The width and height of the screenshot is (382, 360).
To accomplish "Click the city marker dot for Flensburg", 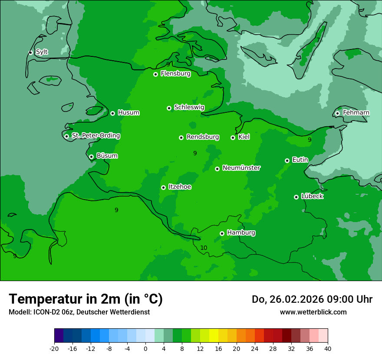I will point(155,74).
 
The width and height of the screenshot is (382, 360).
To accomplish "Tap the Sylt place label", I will point(42,52).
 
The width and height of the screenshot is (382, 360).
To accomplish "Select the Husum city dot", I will point(112,113).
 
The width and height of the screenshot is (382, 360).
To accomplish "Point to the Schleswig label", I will point(189,107).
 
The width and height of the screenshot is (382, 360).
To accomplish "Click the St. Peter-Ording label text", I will point(95,136).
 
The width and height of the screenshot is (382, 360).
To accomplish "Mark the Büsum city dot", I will point(91,157).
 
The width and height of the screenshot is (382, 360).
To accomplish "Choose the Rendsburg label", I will point(202,137).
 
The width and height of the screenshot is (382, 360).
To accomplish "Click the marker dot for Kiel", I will point(233,137).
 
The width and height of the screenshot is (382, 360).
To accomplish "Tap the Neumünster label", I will point(241,168).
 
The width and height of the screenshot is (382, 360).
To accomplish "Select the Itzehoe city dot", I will point(163,187).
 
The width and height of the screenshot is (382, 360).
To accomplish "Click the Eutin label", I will point(300,160).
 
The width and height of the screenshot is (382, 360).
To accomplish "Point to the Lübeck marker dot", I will point(296,197).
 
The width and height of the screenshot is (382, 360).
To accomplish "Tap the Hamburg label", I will point(241,233).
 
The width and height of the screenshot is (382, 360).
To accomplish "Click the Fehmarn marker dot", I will point(337,113).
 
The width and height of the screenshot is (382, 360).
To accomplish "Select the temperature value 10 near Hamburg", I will point(204,248).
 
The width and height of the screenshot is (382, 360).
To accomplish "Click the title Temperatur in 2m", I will point(86,299).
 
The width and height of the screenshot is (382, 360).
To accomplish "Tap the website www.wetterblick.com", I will point(313,312).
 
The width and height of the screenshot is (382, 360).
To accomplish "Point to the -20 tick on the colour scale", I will point(54,348).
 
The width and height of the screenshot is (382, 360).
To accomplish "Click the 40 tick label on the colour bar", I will point(328,348).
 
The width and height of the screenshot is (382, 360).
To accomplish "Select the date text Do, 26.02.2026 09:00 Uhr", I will point(312,299).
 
